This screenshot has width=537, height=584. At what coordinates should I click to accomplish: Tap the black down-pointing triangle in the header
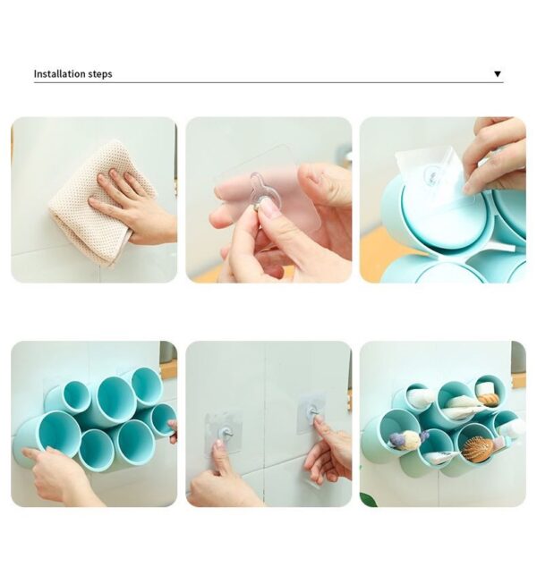click(x=498, y=74)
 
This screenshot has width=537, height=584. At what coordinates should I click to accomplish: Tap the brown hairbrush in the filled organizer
click(x=478, y=448)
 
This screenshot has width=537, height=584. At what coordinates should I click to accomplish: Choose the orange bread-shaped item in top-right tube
click(x=488, y=400)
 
